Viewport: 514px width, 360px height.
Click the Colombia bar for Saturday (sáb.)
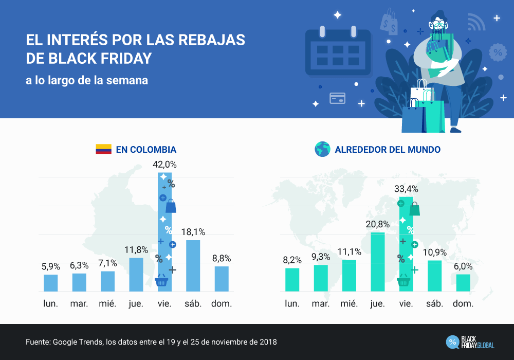pyautogui.click(x=193, y=265)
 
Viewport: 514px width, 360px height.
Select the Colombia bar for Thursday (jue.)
pyautogui.click(x=136, y=274)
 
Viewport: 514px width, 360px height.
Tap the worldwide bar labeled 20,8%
pyautogui.click(x=378, y=262)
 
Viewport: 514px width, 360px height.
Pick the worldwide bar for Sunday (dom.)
pyautogui.click(x=463, y=282)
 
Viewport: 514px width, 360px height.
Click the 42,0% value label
pyautogui.click(x=164, y=165)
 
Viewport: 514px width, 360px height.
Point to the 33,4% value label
pyautogui.click(x=406, y=189)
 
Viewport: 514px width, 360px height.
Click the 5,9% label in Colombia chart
pyautogui.click(x=51, y=266)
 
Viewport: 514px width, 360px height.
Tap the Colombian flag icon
pyautogui.click(x=103, y=150)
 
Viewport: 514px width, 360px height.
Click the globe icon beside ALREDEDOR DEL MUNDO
pyautogui.click(x=322, y=150)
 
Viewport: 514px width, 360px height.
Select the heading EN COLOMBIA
pyautogui.click(x=146, y=150)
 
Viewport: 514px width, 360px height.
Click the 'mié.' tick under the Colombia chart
pyautogui.click(x=108, y=303)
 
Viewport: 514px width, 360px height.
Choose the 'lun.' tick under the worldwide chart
pyautogui.click(x=292, y=303)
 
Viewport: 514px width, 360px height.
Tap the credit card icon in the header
pyautogui.click(x=337, y=98)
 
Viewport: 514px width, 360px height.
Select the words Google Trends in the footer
pyautogui.click(x=78, y=342)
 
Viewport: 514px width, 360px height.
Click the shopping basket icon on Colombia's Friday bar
pyautogui.click(x=161, y=281)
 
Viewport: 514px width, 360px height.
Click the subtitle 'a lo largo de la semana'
pyautogui.click(x=87, y=81)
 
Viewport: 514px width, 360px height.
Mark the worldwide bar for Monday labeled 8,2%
pyautogui.click(x=292, y=279)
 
